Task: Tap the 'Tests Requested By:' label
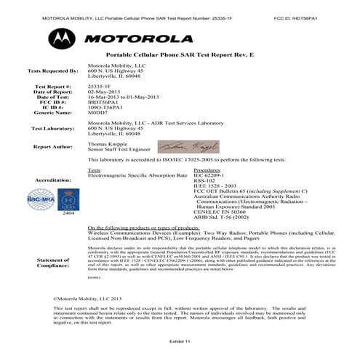52,71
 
